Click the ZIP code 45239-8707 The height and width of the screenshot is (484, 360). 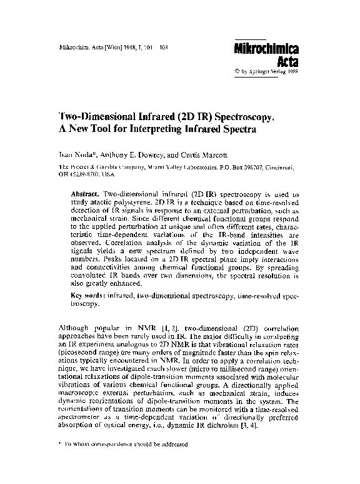pyautogui.click(x=84, y=176)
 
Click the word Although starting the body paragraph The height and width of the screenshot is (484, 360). pyautogui.click(x=74, y=328)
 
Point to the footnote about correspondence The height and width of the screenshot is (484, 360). pyautogui.click(x=124, y=450)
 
